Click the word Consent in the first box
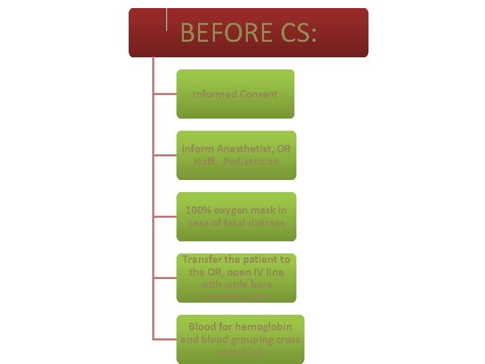pyautogui.click(x=256, y=94)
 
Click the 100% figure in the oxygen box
pyautogui.click(x=197, y=210)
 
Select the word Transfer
pyautogui.click(x=201, y=260)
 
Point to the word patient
pyautogui.click(x=259, y=260)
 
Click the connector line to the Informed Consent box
pyautogui.click(x=166, y=94)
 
